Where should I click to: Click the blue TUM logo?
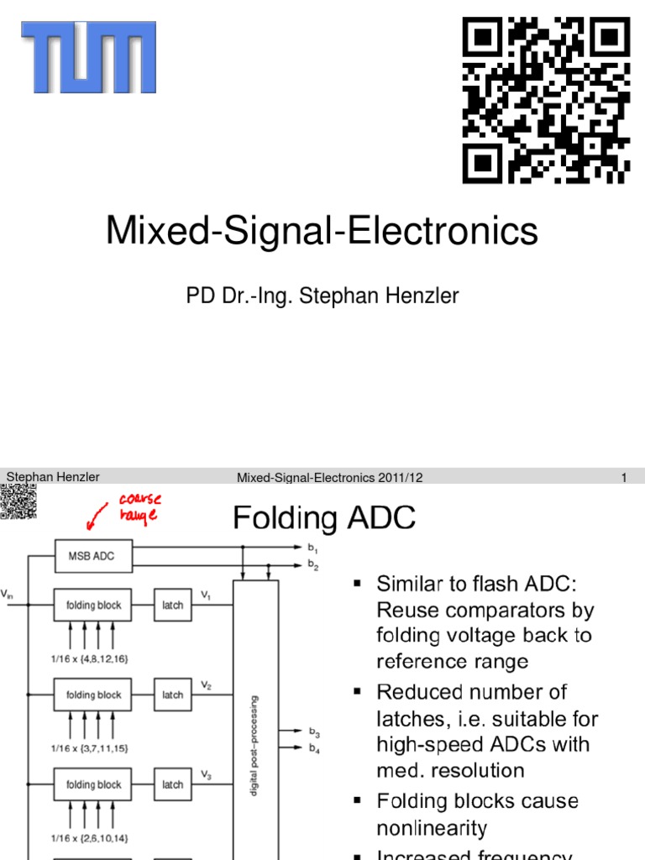[x=88, y=57]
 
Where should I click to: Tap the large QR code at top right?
[x=546, y=101]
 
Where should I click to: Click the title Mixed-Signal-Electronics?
[x=322, y=230]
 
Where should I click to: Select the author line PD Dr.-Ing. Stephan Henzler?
[x=322, y=296]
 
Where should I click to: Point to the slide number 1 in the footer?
[x=625, y=478]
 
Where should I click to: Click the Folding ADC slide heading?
[x=324, y=518]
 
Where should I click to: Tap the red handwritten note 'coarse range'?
[x=139, y=506]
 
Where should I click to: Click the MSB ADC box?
[x=93, y=554]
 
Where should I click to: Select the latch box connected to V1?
[x=172, y=605]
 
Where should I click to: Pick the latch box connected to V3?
[x=172, y=784]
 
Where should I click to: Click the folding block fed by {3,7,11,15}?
[x=93, y=695]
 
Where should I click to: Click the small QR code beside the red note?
[x=17, y=506]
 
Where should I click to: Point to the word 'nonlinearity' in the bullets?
[x=432, y=828]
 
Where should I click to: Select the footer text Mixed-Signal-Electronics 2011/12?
[x=329, y=478]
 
